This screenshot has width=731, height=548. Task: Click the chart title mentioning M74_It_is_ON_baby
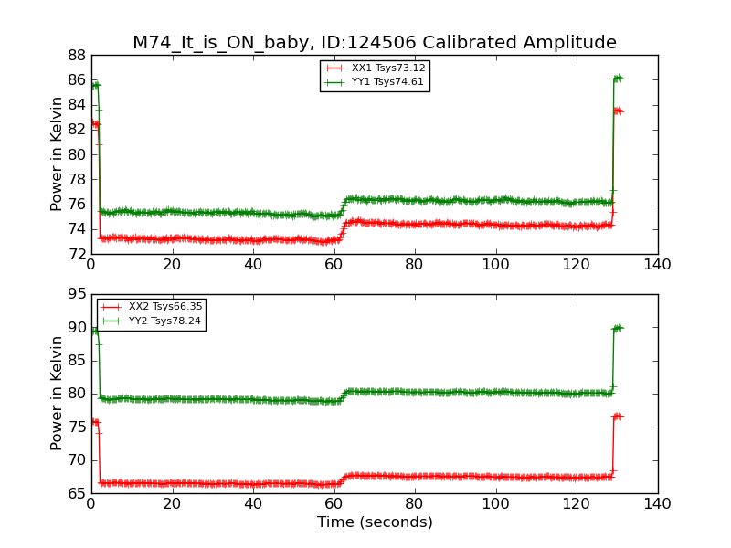pyautogui.click(x=375, y=43)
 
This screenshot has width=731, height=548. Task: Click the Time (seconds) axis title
pyautogui.click(x=375, y=522)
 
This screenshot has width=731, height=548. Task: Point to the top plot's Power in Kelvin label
pyautogui.click(x=57, y=154)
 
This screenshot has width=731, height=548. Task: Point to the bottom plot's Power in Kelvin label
pyautogui.click(x=57, y=394)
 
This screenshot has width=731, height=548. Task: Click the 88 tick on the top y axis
pyautogui.click(x=76, y=55)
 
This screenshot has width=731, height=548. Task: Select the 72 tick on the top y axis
pyautogui.click(x=76, y=254)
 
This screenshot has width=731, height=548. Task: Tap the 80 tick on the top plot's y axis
pyautogui.click(x=76, y=154)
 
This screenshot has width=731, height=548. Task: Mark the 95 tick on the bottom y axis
pyautogui.click(x=76, y=295)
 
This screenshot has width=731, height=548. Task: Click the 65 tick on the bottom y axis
pyautogui.click(x=76, y=493)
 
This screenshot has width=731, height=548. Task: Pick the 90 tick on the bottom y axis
pyautogui.click(x=76, y=328)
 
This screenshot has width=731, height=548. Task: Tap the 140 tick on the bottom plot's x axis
pyautogui.click(x=657, y=504)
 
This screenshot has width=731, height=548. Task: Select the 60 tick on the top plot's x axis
pyautogui.click(x=334, y=265)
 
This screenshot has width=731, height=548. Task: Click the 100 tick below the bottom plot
pyautogui.click(x=495, y=504)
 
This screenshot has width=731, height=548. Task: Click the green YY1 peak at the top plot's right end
pyautogui.click(x=618, y=79)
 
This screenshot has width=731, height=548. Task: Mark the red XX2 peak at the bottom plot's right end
pyautogui.click(x=618, y=416)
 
